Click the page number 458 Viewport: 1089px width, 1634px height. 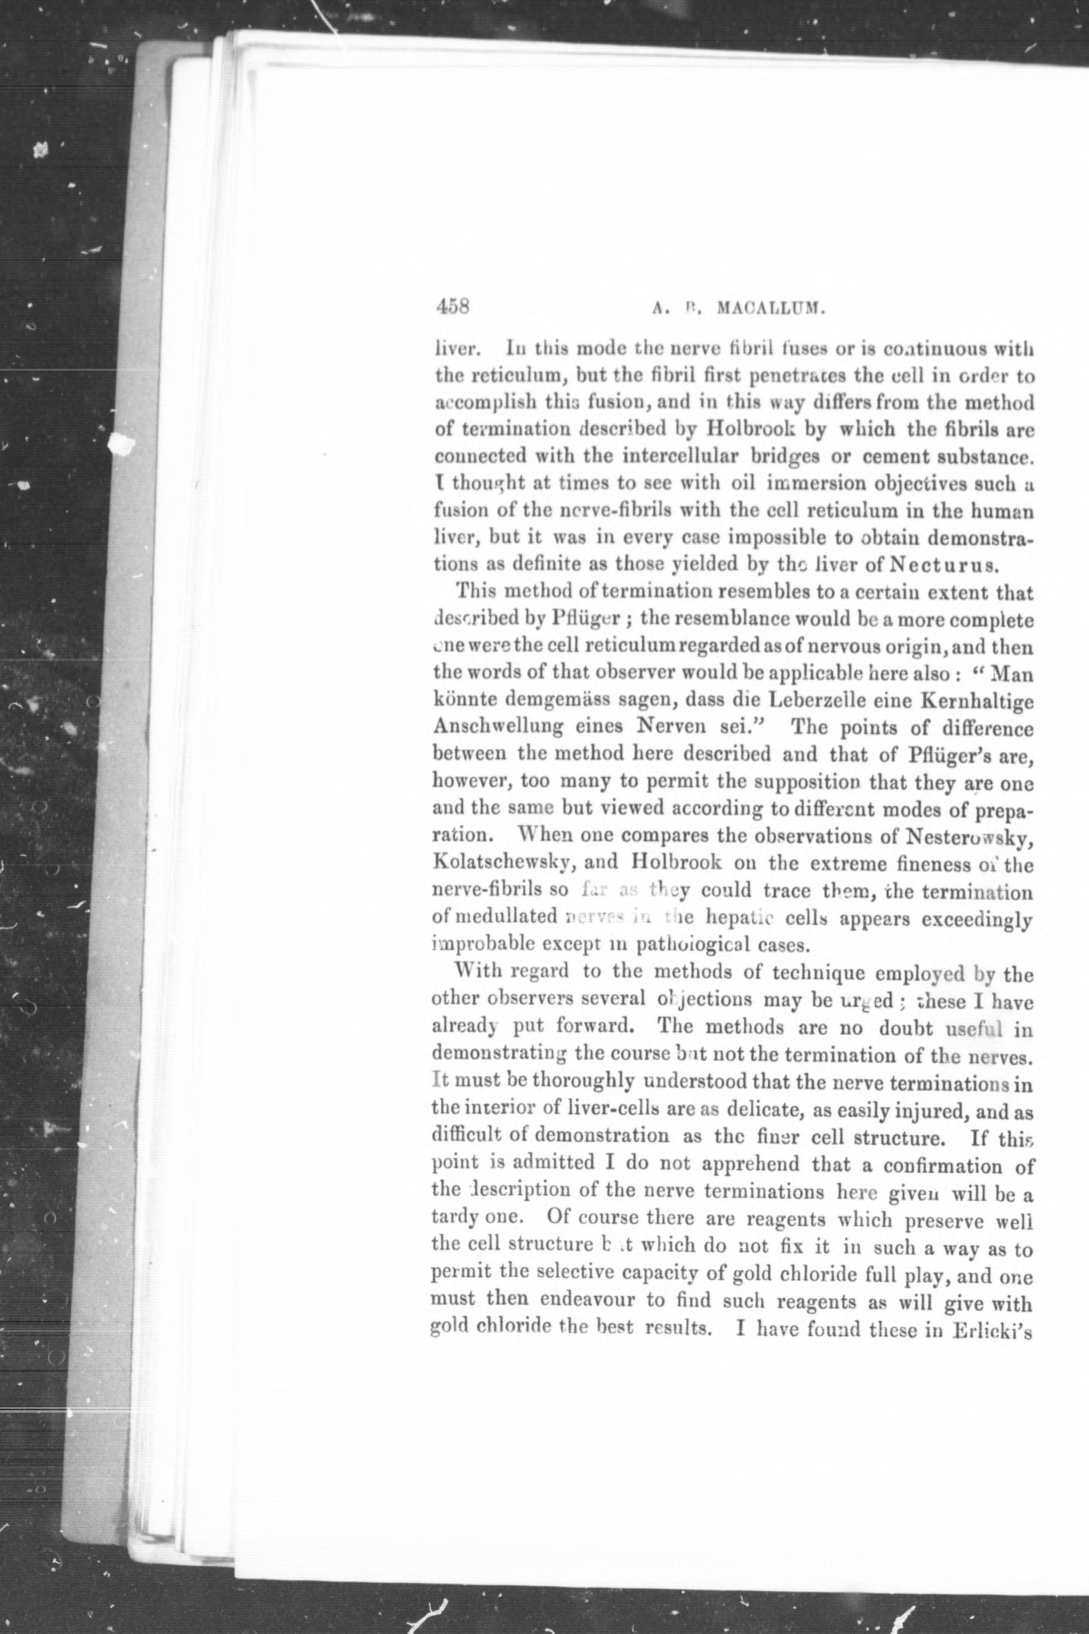453,306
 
